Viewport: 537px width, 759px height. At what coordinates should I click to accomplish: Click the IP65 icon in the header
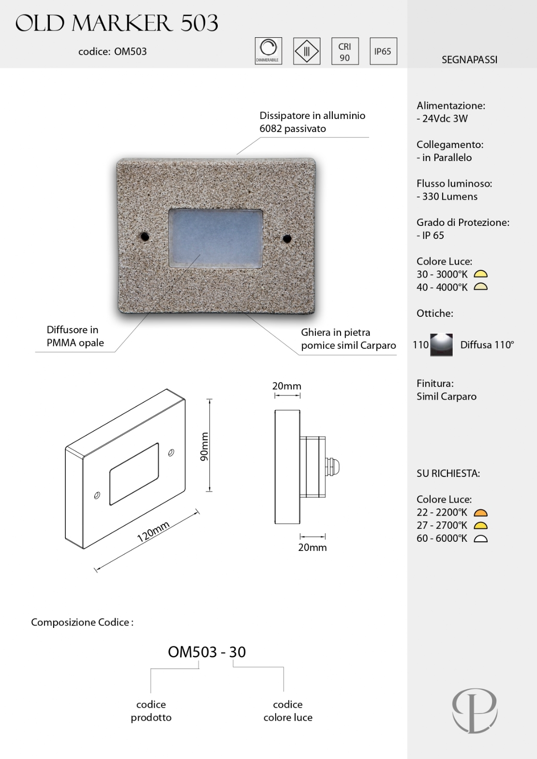[x=383, y=51]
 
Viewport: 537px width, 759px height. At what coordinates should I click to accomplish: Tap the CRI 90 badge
[x=344, y=51]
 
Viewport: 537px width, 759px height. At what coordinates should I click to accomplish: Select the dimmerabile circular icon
[x=268, y=50]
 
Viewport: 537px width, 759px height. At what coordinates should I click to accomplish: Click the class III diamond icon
[x=307, y=51]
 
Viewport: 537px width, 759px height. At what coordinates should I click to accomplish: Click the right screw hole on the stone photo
[x=287, y=238]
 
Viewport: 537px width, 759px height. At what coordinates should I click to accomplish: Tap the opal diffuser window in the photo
[x=215, y=238]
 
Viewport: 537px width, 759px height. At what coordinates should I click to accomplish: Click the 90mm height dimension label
[x=204, y=446]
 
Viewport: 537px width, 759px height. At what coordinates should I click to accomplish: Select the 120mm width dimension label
[x=153, y=532]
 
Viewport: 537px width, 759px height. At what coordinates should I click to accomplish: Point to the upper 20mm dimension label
[x=286, y=386]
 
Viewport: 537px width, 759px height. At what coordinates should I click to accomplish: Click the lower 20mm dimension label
[x=312, y=547]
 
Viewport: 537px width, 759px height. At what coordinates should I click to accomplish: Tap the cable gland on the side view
[x=334, y=467]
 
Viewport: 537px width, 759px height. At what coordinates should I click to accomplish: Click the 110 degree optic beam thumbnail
[x=441, y=345]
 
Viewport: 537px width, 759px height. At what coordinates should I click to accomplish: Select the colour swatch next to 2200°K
[x=480, y=513]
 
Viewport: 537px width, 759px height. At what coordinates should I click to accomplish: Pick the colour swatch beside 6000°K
[x=480, y=539]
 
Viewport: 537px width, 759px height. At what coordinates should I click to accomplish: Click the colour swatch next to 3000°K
[x=480, y=274]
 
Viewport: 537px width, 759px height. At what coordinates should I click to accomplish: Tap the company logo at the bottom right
[x=475, y=710]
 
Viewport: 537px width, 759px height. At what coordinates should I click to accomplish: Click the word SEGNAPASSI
[x=469, y=60]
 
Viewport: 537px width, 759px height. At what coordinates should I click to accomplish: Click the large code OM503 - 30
[x=207, y=652]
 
